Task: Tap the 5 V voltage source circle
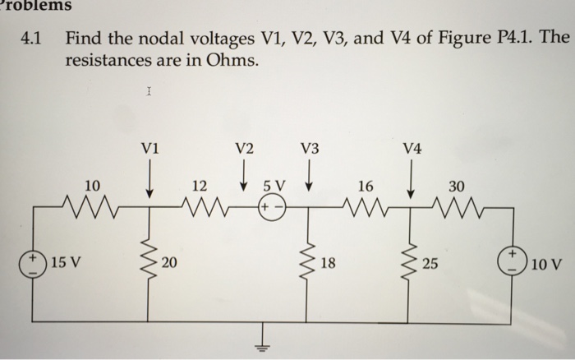coord(273,207)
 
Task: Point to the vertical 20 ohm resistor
coord(149,263)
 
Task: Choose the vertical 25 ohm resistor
coord(410,263)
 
